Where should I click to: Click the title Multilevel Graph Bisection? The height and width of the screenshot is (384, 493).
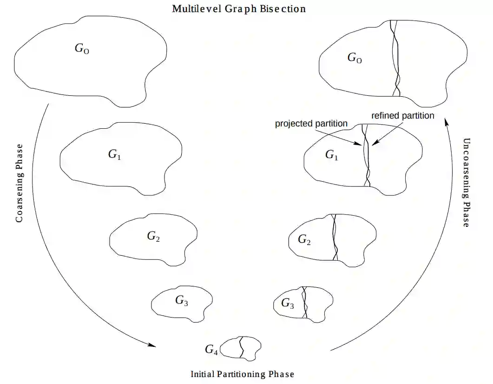coord(239,9)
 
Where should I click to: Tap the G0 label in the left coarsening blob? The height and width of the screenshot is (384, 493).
coord(82,49)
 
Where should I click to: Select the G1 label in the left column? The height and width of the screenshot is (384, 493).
coord(115,154)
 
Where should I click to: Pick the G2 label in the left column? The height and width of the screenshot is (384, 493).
coord(153,236)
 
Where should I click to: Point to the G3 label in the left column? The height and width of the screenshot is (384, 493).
coord(182,301)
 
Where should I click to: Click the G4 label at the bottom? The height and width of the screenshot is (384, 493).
coord(211,350)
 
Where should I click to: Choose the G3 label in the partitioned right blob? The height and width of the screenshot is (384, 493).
coord(288,304)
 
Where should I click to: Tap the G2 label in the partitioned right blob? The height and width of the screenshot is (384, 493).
coord(304,240)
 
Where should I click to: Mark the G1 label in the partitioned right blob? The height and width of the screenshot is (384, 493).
coord(331,155)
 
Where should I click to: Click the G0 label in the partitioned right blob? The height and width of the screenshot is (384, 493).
coord(355,58)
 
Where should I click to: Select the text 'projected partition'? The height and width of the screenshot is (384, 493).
coord(311,124)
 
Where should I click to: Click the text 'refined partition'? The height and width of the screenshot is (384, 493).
coord(402,115)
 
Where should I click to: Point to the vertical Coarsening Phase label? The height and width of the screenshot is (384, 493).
coord(20,184)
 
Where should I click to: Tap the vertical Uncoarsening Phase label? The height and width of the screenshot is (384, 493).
coord(466,183)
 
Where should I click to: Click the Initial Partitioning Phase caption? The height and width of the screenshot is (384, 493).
coord(242,374)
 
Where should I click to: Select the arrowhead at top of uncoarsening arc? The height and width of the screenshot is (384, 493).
coord(447,121)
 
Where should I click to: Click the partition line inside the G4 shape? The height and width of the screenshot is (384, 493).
coord(241,347)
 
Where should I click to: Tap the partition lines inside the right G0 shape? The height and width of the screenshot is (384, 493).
coord(395,58)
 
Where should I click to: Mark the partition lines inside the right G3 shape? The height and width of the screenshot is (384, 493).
coord(304,302)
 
